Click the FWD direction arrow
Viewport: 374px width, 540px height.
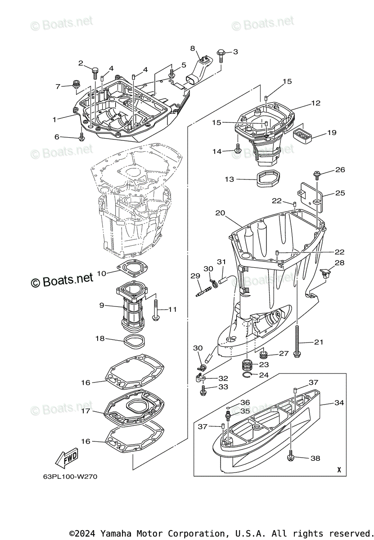[66, 458]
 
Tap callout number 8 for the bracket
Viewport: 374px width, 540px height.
[193, 48]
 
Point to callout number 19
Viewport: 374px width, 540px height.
[332, 133]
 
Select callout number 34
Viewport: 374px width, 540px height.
[339, 403]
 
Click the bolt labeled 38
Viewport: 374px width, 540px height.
[291, 458]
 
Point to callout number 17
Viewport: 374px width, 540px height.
[86, 411]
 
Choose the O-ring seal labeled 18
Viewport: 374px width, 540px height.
[134, 341]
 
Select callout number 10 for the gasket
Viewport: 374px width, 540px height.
[102, 274]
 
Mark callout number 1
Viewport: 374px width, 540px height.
[54, 120]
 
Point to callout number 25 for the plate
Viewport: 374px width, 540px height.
[340, 193]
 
